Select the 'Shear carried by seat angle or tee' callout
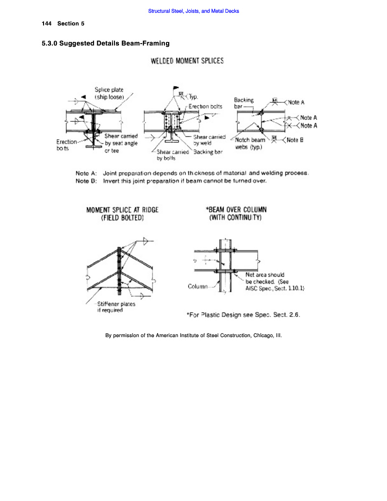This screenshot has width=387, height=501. (121, 143)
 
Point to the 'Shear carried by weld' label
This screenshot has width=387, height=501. (209, 140)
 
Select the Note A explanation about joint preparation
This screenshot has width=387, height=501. (205, 173)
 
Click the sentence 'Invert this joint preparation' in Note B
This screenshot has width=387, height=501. (185, 181)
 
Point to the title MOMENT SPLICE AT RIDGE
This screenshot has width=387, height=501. (122, 210)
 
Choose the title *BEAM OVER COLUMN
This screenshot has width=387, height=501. (236, 210)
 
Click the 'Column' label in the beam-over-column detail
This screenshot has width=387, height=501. (198, 286)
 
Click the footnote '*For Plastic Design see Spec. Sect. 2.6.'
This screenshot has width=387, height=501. (244, 315)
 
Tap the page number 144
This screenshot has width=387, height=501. (47, 24)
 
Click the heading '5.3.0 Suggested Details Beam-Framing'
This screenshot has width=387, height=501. (106, 44)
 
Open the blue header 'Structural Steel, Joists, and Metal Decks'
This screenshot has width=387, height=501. (193, 11)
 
